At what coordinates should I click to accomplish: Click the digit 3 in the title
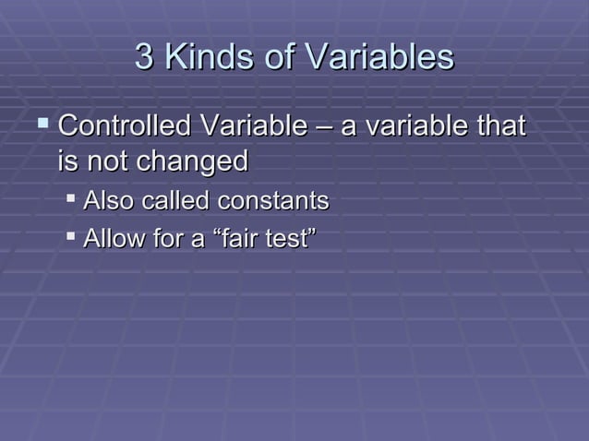click(143, 57)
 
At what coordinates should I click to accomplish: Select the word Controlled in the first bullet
click(124, 125)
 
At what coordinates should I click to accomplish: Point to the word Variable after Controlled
click(247, 125)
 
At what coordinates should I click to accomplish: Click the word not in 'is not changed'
click(107, 162)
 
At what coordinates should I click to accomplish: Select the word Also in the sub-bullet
click(108, 201)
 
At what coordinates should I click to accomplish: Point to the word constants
click(274, 201)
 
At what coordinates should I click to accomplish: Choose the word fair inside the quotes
click(235, 240)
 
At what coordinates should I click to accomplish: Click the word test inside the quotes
click(287, 240)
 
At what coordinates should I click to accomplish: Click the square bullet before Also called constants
click(71, 199)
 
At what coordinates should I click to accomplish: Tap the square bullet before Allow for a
click(71, 238)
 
